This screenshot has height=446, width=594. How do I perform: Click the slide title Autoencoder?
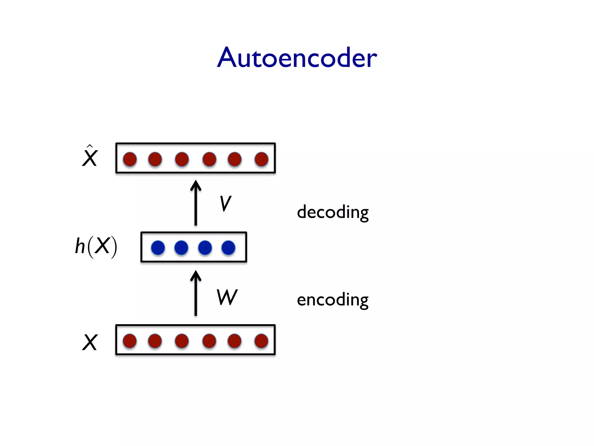(x=297, y=57)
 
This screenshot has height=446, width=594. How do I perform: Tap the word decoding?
(x=333, y=212)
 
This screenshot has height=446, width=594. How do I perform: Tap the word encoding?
(x=333, y=300)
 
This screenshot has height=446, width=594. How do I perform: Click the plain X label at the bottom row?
(x=90, y=342)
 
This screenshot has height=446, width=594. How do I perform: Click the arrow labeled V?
(x=196, y=203)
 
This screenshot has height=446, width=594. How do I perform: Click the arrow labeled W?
(x=196, y=293)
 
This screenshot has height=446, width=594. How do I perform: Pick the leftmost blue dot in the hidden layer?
(x=158, y=247)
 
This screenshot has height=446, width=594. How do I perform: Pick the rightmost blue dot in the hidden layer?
(x=228, y=247)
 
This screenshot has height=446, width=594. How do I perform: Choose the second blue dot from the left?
(x=181, y=247)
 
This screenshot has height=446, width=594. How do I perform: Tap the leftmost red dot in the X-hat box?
(x=130, y=159)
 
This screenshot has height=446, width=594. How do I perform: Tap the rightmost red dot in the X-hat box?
(x=261, y=159)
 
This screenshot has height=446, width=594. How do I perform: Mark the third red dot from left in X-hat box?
(x=182, y=159)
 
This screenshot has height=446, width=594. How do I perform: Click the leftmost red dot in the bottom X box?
(x=130, y=341)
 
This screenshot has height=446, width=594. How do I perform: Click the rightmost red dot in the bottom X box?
(x=261, y=341)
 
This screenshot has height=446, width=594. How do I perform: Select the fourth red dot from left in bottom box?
(x=209, y=341)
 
